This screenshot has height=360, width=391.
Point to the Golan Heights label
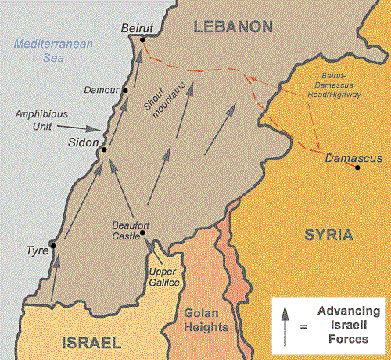pos(206,320)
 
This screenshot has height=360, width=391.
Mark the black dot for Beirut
pos(142,39)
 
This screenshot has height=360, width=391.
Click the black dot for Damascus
pos(357,167)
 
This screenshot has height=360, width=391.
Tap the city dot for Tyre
pos(53,246)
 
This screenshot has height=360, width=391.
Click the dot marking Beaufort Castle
pos(142,232)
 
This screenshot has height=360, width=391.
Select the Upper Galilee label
pos(164,276)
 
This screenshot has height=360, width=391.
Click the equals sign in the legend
pos(303,327)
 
